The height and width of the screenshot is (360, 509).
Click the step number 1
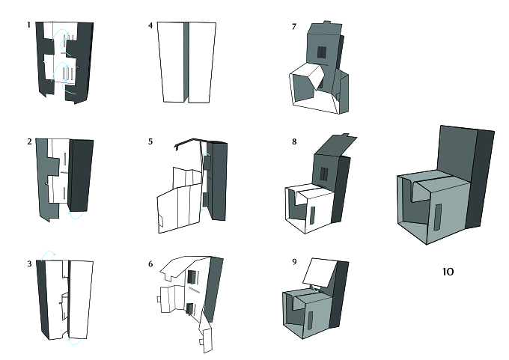29,25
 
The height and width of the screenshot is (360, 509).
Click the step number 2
29,142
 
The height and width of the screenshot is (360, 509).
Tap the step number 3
29,264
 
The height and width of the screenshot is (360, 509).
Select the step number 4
150,25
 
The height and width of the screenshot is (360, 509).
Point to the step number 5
150,142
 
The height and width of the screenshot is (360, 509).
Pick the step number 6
150,264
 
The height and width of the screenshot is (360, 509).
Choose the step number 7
294,27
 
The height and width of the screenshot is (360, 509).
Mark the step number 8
294,142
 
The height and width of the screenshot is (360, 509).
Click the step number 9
294,262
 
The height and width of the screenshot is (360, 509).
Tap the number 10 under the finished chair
448,272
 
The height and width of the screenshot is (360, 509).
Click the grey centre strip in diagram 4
186,61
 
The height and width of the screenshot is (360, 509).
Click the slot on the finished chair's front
438,218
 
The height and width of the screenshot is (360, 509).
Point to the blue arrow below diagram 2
76,216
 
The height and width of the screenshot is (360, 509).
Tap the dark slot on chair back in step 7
321,52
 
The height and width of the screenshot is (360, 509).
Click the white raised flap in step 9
320,272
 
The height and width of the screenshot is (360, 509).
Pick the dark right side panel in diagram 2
81,175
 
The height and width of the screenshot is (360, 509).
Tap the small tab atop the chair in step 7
327,22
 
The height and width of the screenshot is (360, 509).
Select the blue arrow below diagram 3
76,341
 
